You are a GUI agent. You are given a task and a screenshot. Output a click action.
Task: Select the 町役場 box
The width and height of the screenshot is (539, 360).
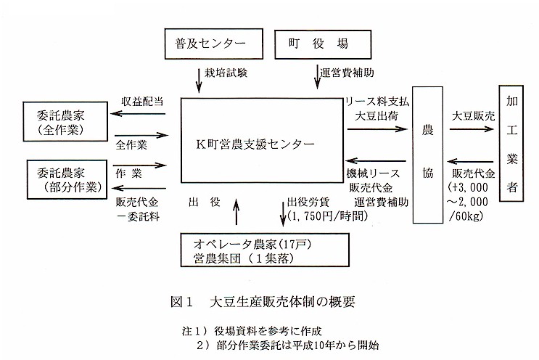coord(311,44)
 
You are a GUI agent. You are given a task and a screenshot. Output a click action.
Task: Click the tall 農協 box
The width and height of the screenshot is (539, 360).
coord(427,154)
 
